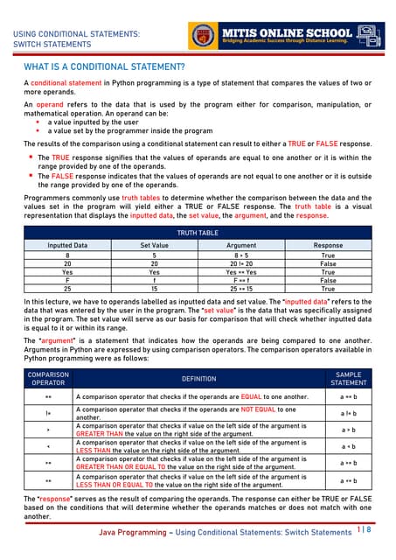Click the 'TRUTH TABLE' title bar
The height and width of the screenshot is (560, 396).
coord(198,234)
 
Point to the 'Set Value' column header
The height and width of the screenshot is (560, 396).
coord(160,246)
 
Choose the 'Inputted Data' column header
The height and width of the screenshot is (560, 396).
coord(67,246)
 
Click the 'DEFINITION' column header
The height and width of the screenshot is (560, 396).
coord(198,379)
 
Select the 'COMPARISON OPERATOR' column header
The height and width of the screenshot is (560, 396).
coord(48,379)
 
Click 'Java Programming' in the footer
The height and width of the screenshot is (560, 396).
coord(134,532)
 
